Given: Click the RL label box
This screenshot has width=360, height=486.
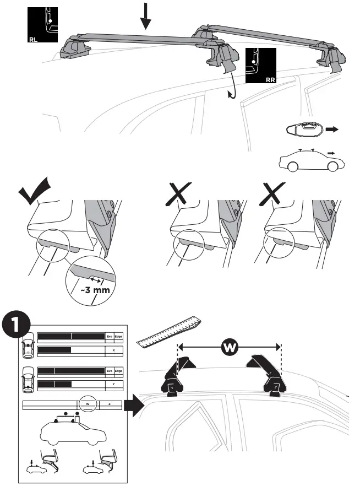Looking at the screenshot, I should [x=41, y=25].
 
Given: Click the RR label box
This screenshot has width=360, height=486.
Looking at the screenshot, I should [x=260, y=66].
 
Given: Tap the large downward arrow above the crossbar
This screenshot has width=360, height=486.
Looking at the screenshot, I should [x=145, y=15].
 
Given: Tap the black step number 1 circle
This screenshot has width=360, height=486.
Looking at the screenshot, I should [x=15, y=327].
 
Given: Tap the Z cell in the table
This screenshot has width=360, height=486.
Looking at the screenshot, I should [x=110, y=405].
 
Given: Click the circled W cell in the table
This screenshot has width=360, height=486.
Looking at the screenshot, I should [x=88, y=405].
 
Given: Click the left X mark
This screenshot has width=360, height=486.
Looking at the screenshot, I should [x=179, y=195].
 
